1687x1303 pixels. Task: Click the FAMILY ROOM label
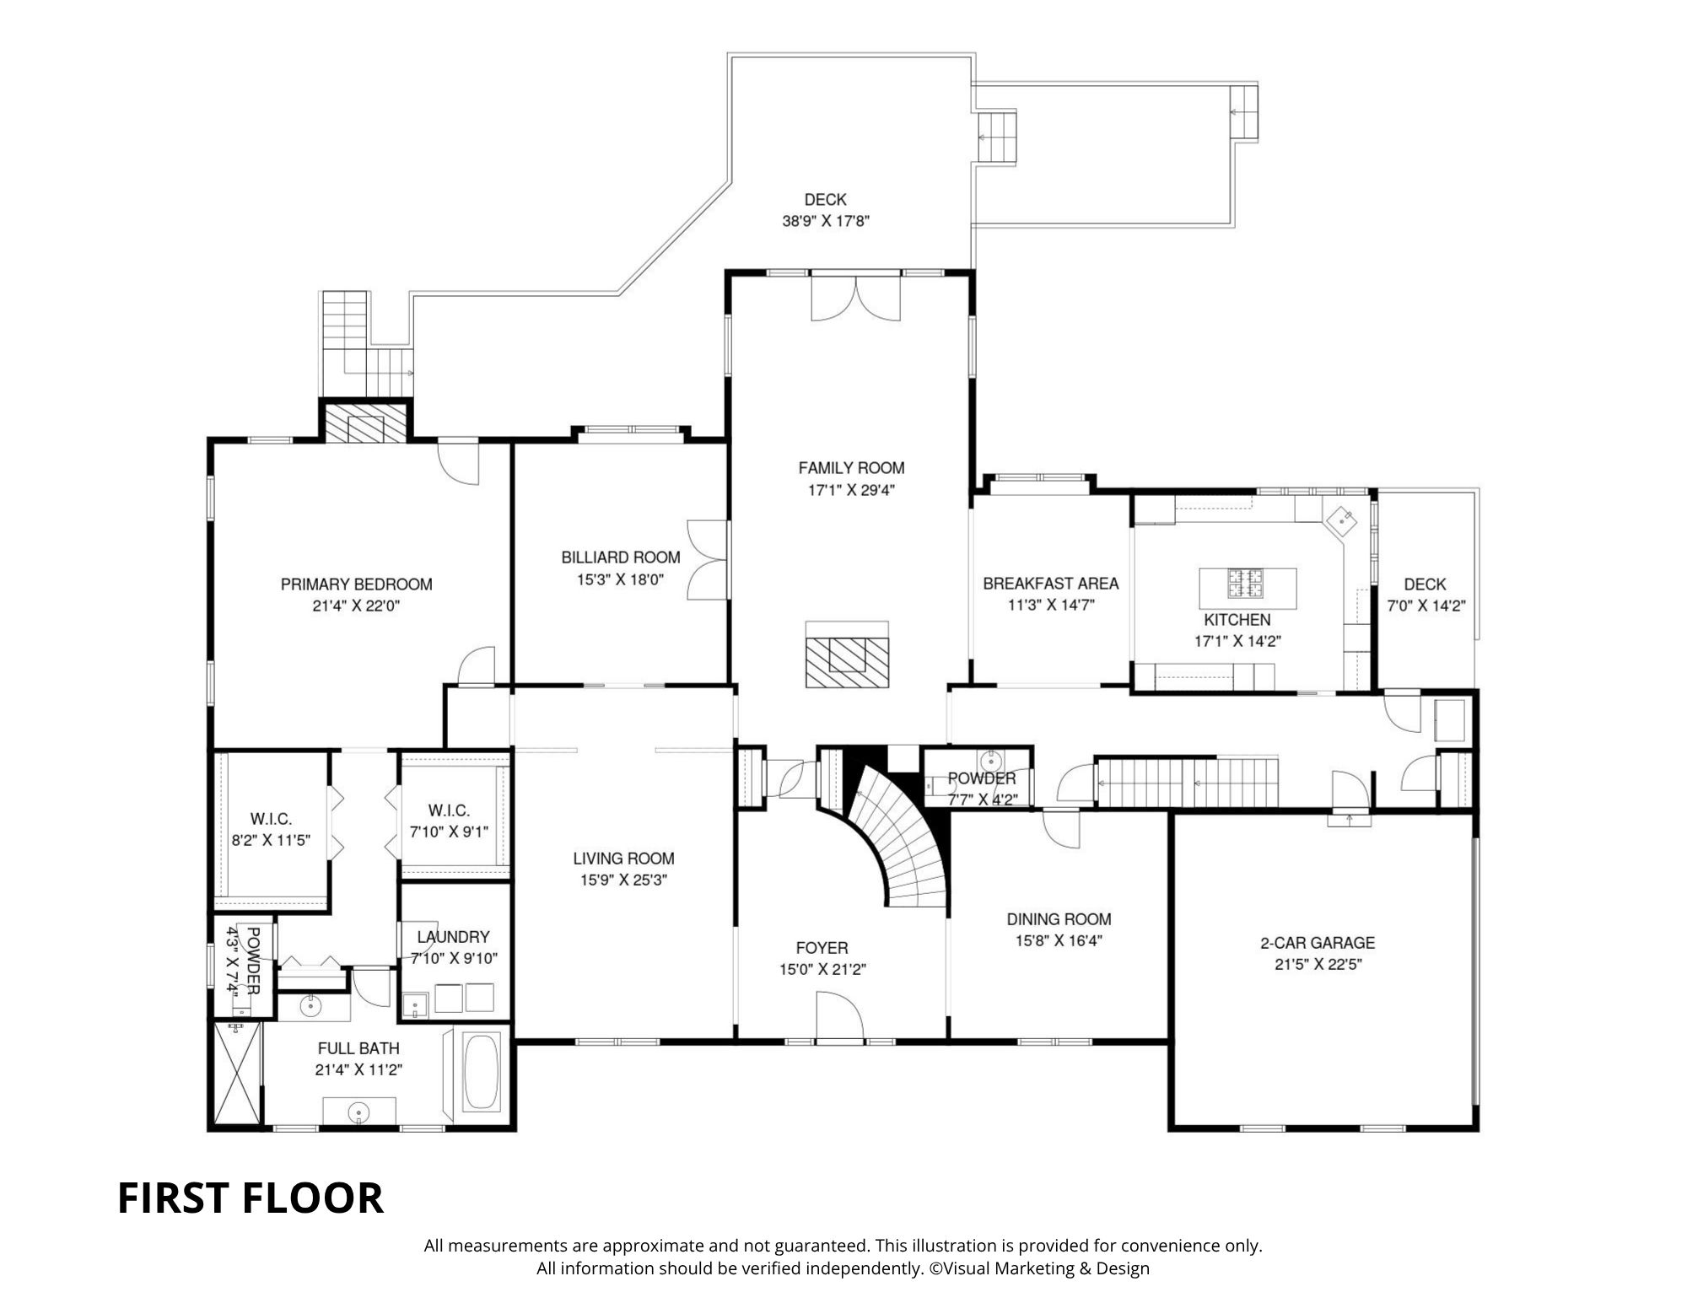click(851, 467)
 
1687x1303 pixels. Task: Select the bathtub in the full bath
click(481, 1073)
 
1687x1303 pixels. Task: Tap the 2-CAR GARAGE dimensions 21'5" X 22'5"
click(1318, 965)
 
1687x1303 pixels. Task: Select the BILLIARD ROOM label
click(621, 557)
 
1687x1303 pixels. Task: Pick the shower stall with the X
click(236, 1073)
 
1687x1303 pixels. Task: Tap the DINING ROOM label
click(1059, 919)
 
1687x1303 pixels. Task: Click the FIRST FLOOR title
click(250, 1198)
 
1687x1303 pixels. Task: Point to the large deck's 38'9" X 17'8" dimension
click(825, 222)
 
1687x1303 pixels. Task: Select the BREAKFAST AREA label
click(1050, 584)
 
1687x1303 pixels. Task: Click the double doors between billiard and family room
click(707, 560)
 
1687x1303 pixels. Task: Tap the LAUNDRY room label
click(453, 937)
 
